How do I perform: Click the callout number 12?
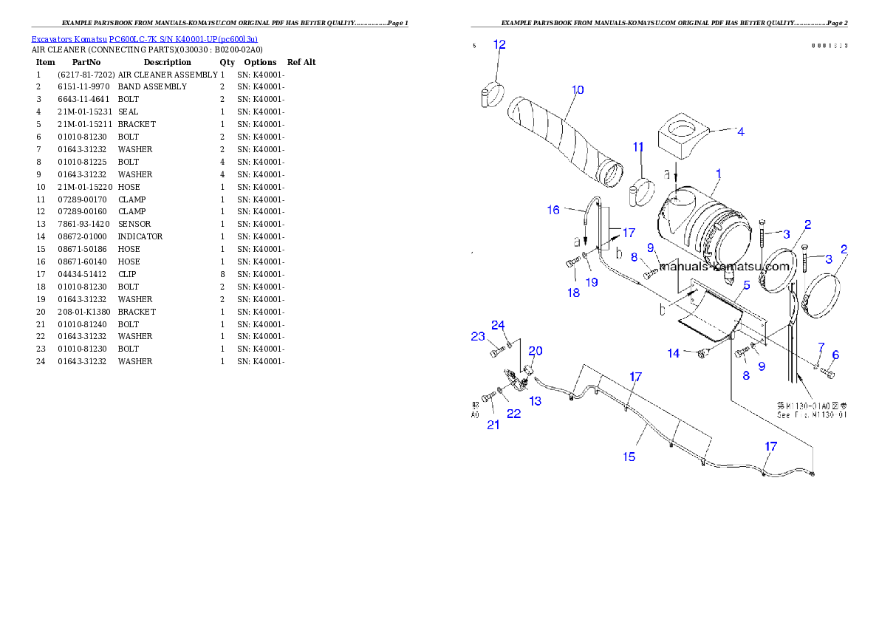coord(499,44)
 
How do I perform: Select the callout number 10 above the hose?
coord(578,90)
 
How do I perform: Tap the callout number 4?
coord(739,131)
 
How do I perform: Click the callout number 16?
coord(553,210)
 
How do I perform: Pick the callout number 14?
coord(674,354)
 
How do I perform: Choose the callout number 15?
coord(629,457)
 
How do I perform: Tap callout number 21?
coord(493,424)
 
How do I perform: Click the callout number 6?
coord(835,355)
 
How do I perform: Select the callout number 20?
coord(535,350)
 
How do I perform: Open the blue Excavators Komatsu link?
coord(144,39)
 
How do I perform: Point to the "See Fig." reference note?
coord(812,414)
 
